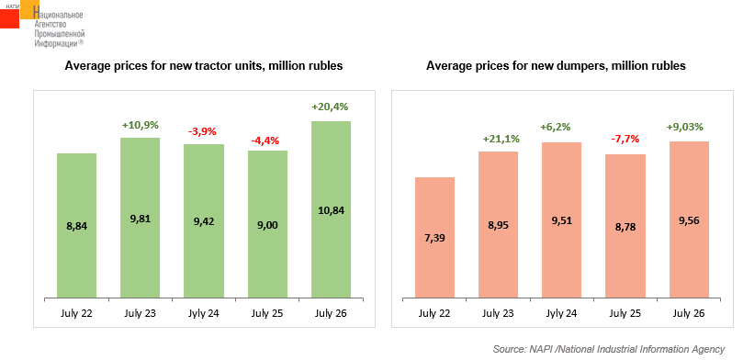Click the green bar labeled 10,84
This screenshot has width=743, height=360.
[x=331, y=209]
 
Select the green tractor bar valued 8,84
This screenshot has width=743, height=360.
[x=76, y=226]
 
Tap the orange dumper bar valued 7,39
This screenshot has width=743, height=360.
[x=434, y=238]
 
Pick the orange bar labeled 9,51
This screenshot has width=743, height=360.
[x=561, y=220]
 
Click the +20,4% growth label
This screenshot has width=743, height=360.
[x=330, y=107]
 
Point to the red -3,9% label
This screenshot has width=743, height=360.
[x=203, y=130]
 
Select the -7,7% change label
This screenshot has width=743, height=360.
[x=625, y=140]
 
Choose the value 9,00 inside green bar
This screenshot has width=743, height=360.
[x=267, y=225]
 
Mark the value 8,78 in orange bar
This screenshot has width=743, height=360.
[x=625, y=227]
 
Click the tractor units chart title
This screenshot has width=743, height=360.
[x=204, y=66]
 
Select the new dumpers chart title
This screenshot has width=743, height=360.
[x=556, y=66]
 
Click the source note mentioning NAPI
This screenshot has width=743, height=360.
[x=609, y=350]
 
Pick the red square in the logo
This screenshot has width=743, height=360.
[x=9, y=18]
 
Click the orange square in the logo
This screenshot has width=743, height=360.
[x=30, y=9]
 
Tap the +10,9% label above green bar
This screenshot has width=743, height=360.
[x=140, y=126]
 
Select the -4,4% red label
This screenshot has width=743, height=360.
[x=267, y=141]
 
